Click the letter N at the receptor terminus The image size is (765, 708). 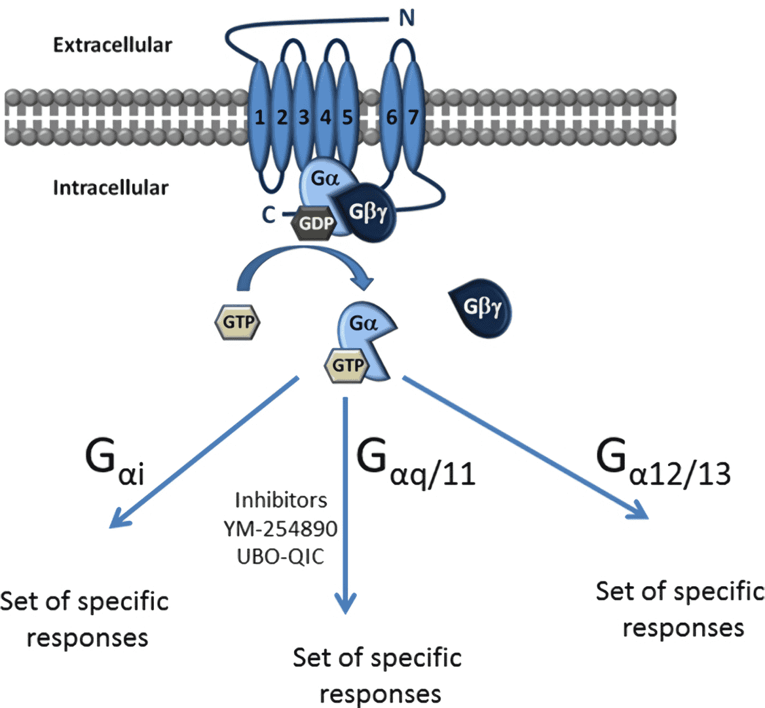point(407,18)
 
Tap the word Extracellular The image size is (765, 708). point(113,45)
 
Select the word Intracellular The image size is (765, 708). point(111,188)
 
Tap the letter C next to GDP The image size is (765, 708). point(269,214)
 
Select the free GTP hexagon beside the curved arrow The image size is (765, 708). point(237,322)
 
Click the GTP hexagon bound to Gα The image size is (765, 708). point(347,364)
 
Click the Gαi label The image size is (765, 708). point(115,462)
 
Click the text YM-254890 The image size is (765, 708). point(280,528)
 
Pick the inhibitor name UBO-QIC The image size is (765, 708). point(280,557)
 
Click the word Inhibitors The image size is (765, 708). point(280,500)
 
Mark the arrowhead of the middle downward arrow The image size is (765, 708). point(345,603)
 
